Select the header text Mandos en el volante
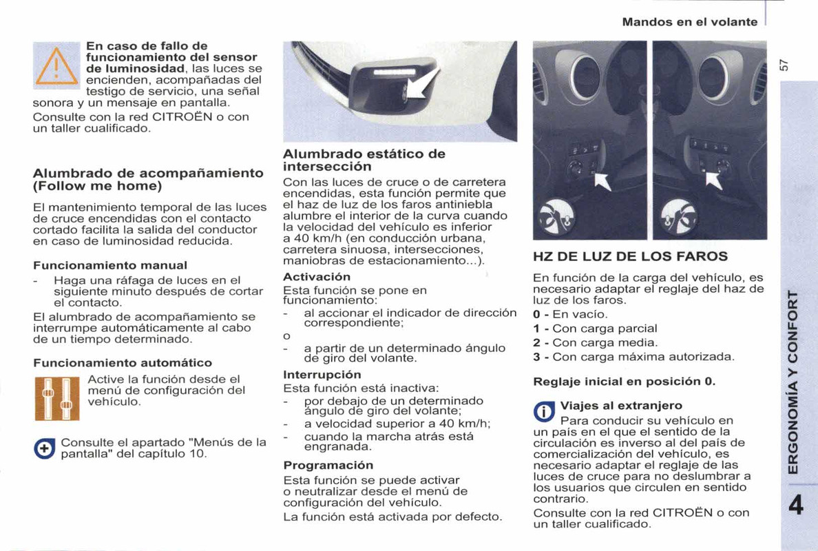point(689,22)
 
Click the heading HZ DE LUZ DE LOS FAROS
point(630,257)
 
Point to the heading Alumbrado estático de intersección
point(364,160)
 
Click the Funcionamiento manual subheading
point(110,264)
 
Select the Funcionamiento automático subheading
point(123,362)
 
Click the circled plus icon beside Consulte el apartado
point(45,448)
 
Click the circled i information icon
point(545,412)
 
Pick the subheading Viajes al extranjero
point(621,405)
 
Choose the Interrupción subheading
point(322,375)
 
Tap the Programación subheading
point(328,465)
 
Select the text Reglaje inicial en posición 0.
point(625,381)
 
